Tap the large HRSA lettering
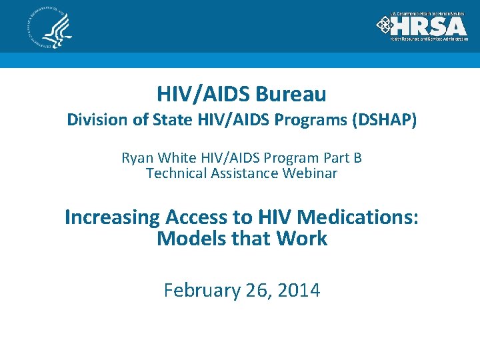point(428,26)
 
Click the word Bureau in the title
point(291,94)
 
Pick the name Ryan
point(137,158)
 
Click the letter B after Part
point(357,158)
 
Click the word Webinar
point(312,173)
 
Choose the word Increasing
point(112,217)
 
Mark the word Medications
point(358,217)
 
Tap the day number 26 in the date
point(257,291)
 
